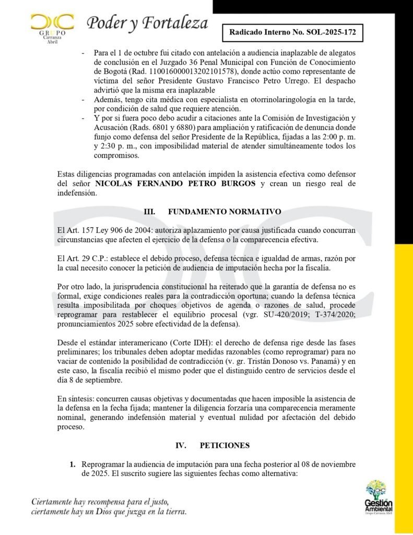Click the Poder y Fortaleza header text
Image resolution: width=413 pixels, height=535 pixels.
point(147,23)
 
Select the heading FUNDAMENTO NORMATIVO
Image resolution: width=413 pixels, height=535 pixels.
point(225,212)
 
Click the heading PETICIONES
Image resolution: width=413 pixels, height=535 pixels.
point(225,445)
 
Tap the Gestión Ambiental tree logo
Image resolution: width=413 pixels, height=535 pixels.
point(379,497)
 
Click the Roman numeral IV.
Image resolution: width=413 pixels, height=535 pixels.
point(181,445)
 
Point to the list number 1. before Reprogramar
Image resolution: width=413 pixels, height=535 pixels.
point(73,464)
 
